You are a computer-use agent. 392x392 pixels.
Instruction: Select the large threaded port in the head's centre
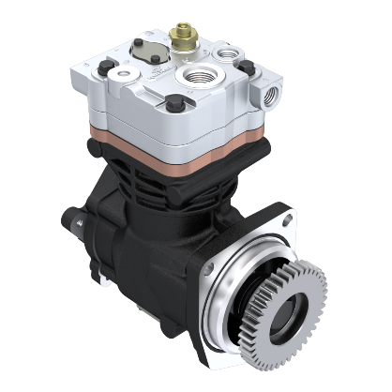point(202,74)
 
